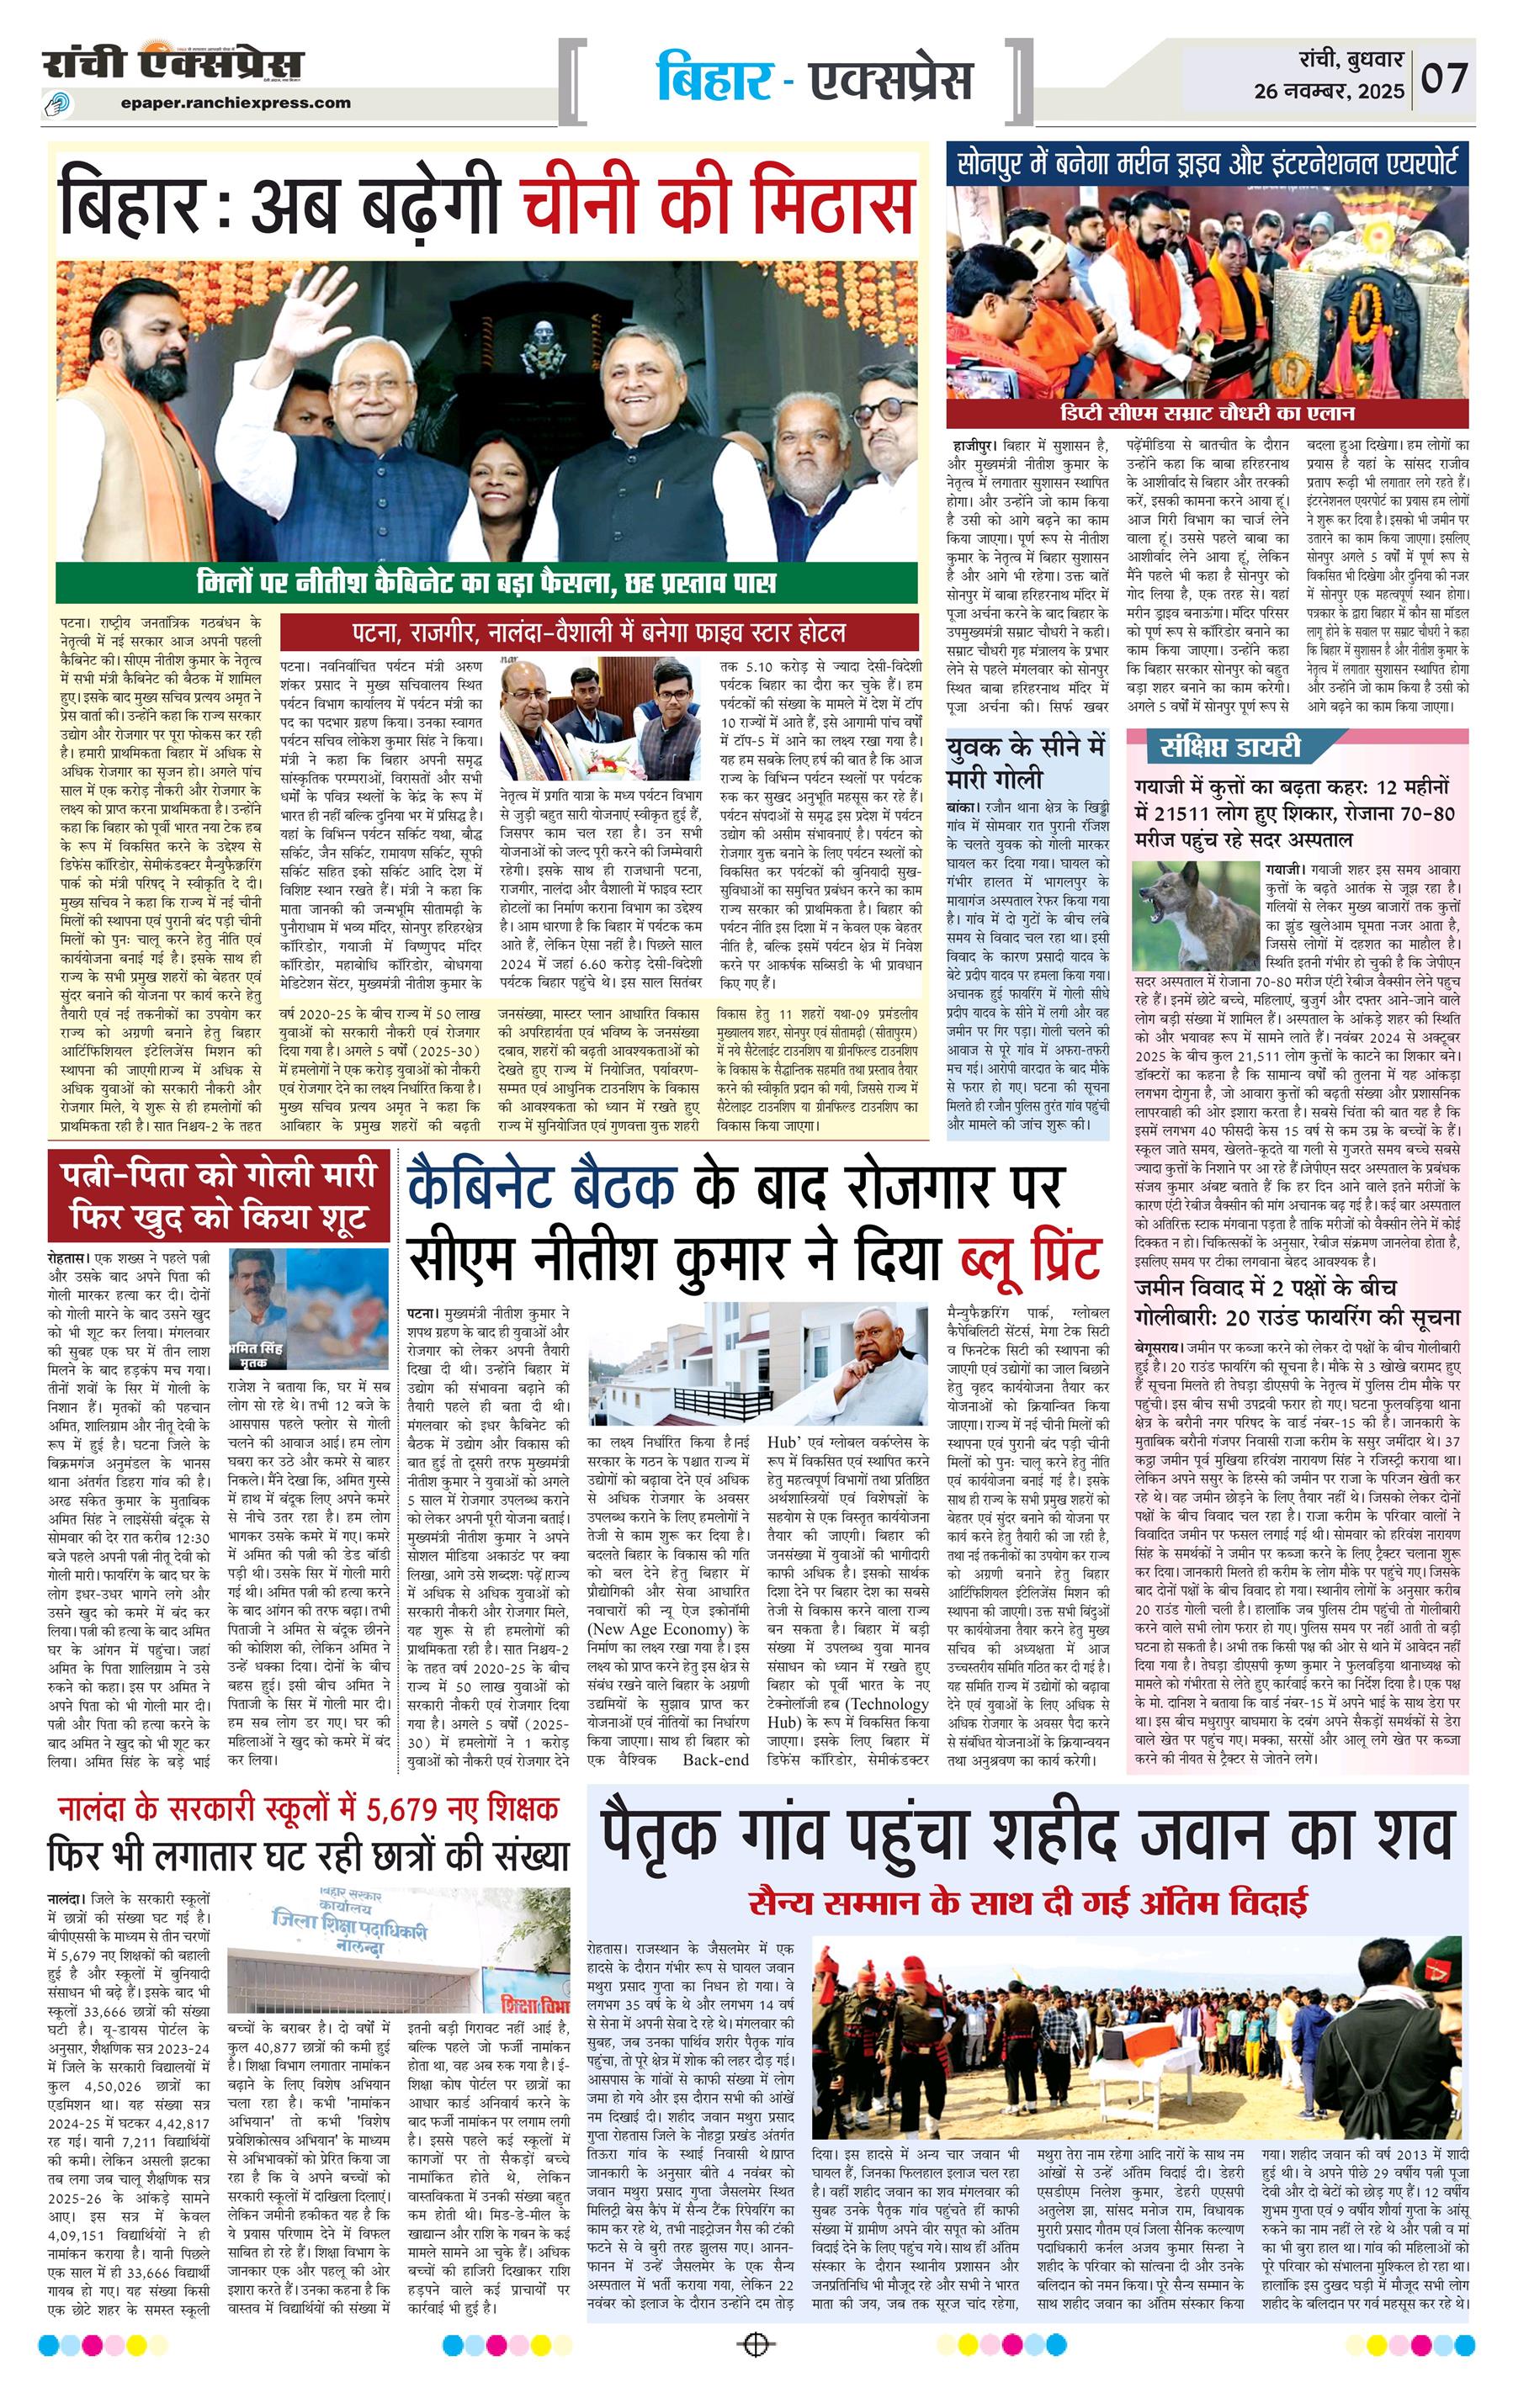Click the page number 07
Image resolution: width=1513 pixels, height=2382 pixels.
[1446, 77]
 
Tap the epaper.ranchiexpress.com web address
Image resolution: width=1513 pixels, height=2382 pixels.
[237, 102]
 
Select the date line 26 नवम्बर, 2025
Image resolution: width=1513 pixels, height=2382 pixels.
[1329, 92]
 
